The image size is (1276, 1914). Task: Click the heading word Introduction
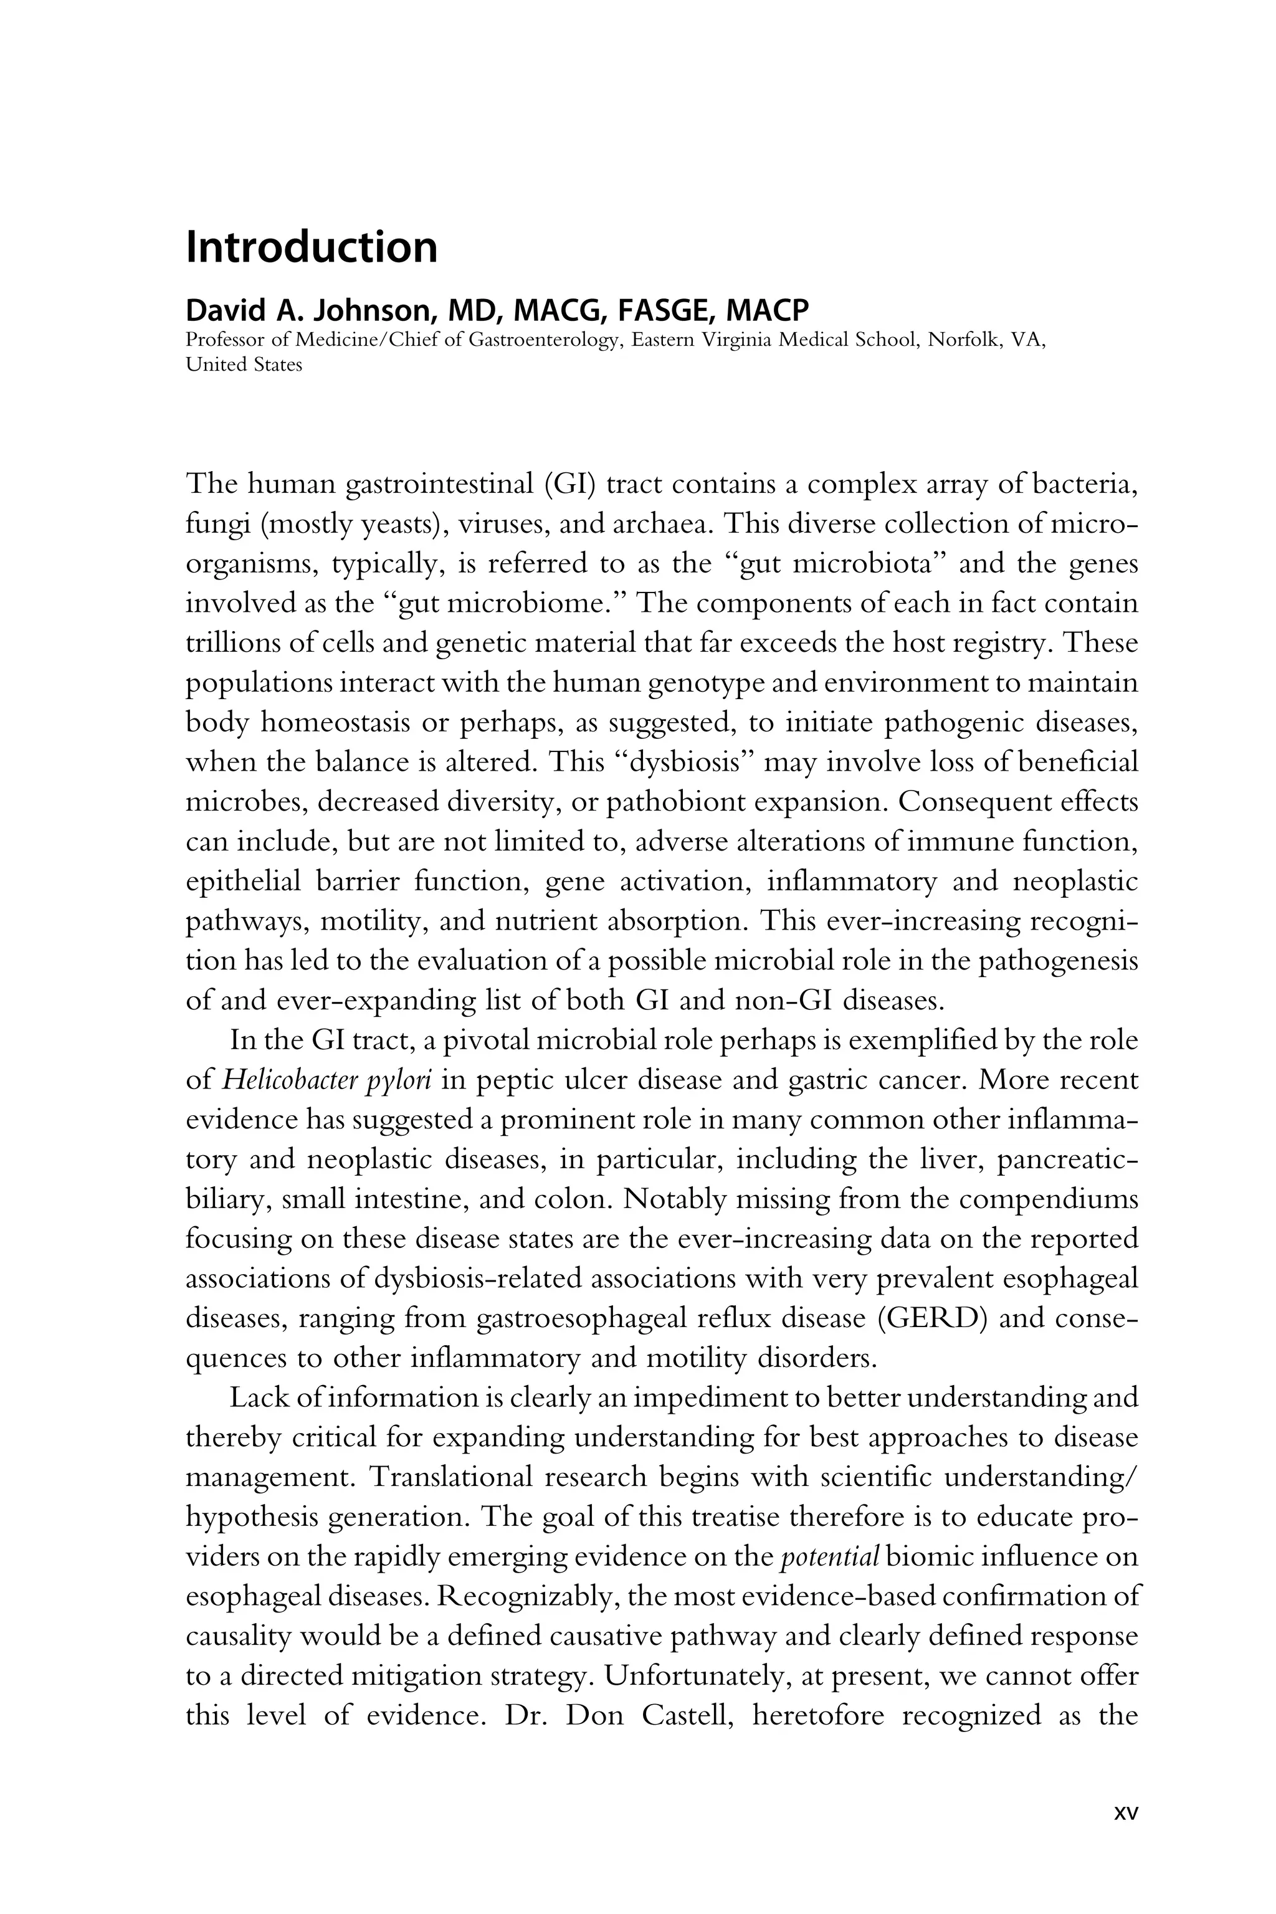coord(312,248)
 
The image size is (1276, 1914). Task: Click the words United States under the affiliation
coord(244,364)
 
